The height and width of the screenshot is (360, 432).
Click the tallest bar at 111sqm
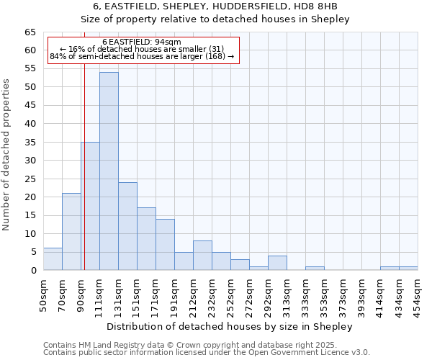(109, 171)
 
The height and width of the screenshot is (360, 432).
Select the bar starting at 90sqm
(90, 206)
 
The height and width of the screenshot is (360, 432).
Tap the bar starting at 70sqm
(71, 232)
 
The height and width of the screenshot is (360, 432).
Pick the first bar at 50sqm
(53, 259)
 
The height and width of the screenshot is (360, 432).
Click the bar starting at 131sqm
(127, 226)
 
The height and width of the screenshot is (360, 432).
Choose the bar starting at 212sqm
(202, 256)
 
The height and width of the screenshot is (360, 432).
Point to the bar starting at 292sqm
(277, 263)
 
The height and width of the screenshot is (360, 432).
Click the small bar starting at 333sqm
(315, 268)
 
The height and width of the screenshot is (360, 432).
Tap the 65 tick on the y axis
(30, 32)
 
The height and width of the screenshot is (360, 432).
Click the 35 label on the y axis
(30, 142)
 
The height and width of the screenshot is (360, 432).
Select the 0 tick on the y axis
(33, 270)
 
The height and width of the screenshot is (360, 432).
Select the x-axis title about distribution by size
(228, 326)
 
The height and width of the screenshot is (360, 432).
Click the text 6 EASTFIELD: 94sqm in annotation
(142, 42)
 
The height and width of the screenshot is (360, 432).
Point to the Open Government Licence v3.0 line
(207, 352)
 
